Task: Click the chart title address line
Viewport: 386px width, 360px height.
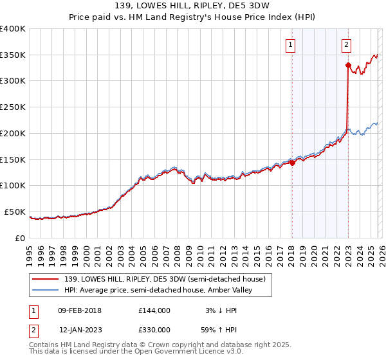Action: click(x=193, y=6)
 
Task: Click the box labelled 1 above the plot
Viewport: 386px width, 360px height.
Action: click(x=291, y=45)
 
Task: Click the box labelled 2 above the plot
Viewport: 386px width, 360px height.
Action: click(x=346, y=45)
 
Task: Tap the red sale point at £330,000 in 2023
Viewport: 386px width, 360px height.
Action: click(x=348, y=65)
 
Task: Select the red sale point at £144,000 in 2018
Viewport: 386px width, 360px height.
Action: click(x=292, y=163)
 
